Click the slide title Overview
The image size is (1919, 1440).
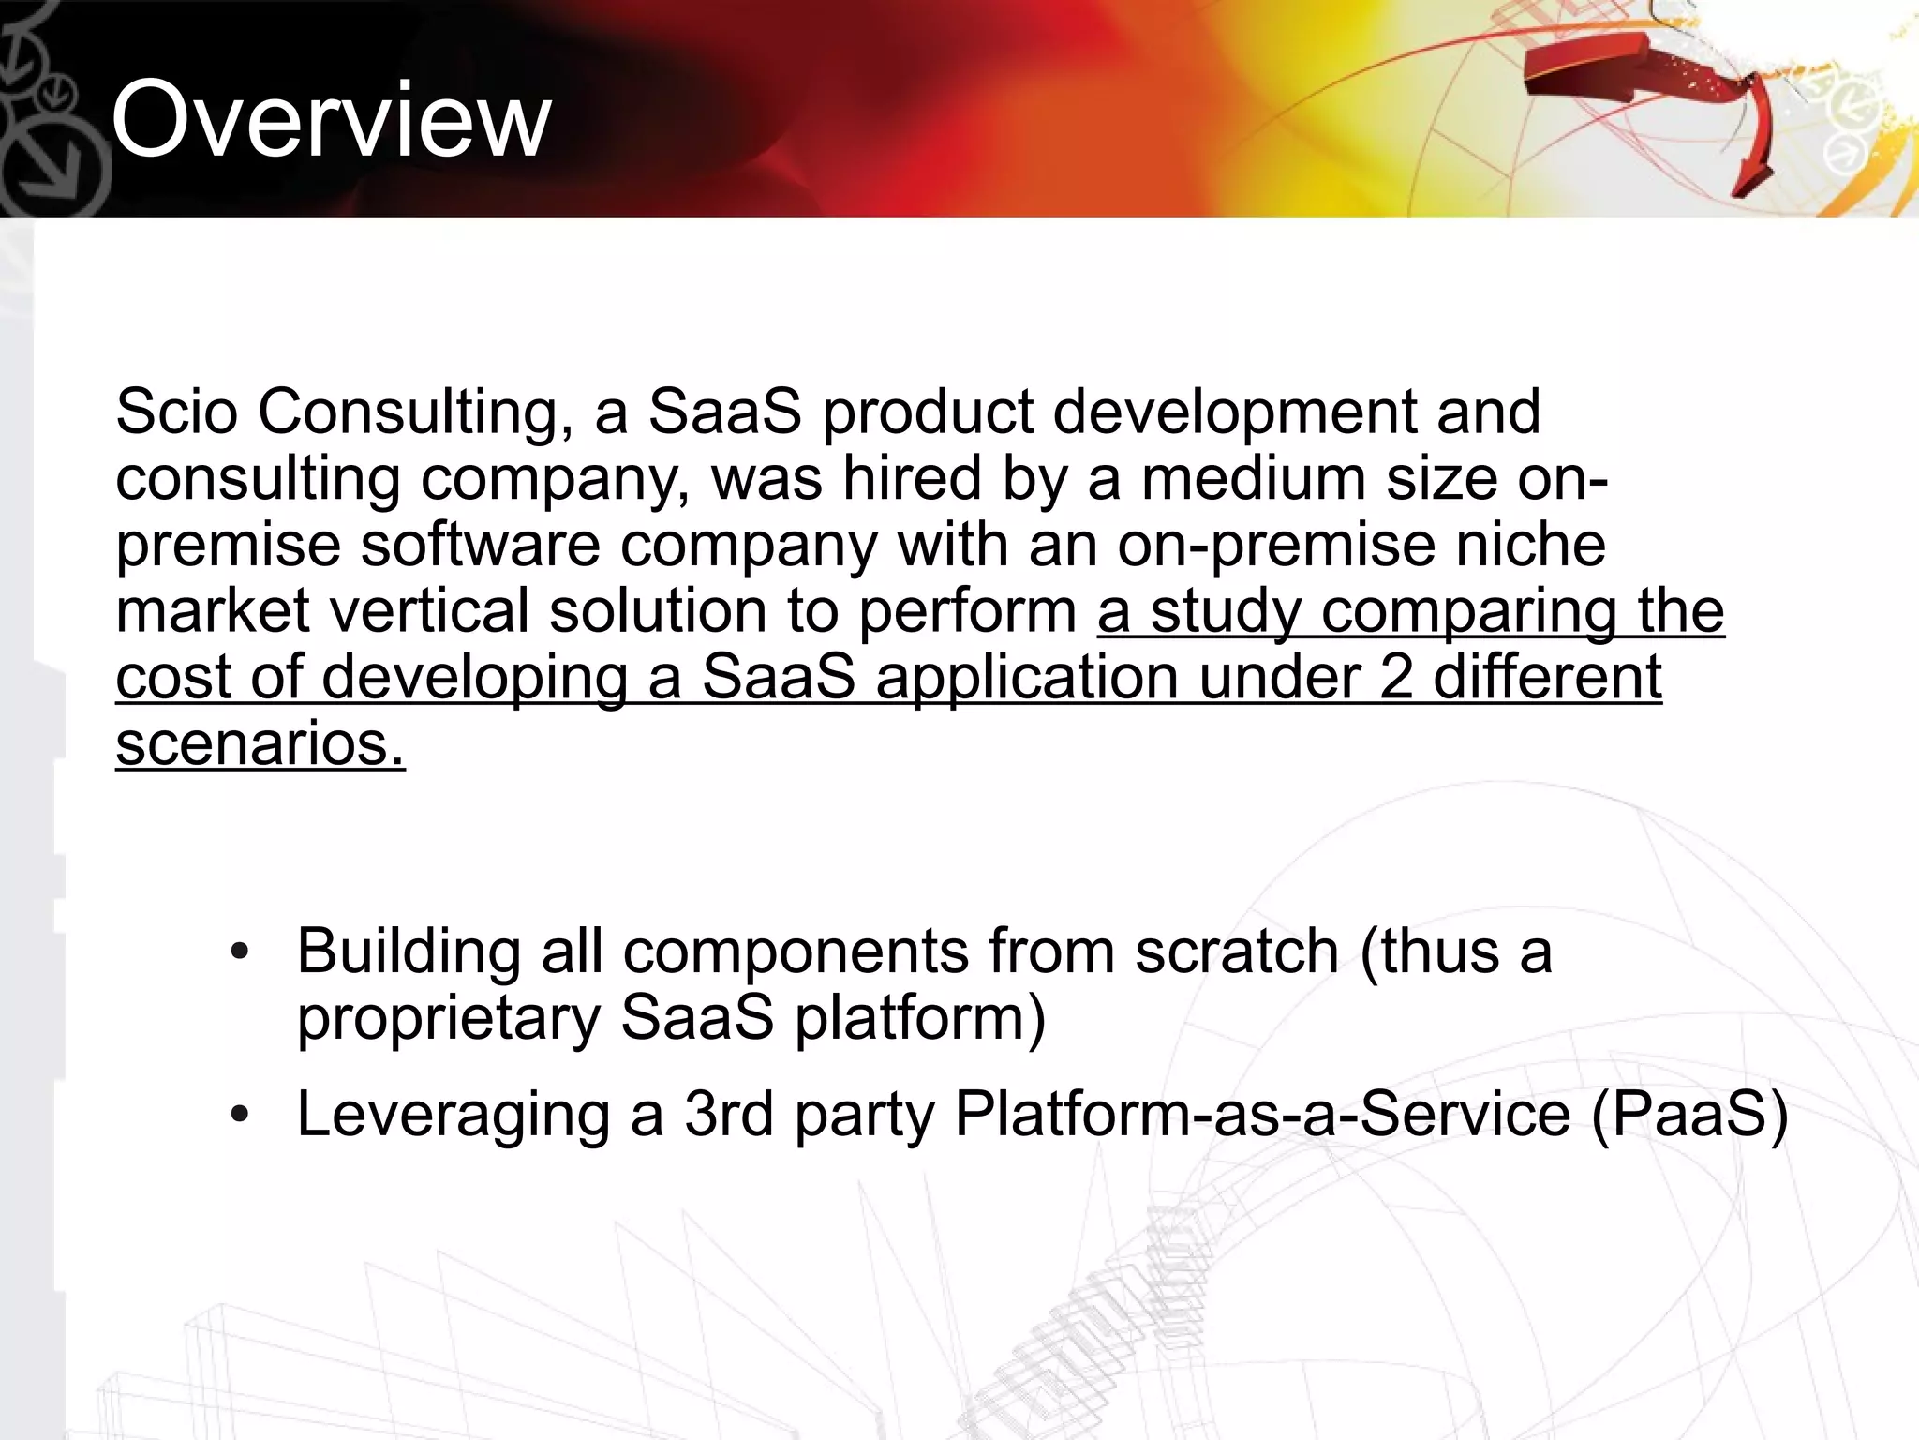(x=331, y=120)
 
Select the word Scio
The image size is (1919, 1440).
(x=176, y=412)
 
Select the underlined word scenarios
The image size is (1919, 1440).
(x=260, y=743)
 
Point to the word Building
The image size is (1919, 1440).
(x=409, y=952)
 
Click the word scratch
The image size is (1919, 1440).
(x=1237, y=952)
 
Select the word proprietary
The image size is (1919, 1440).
(x=448, y=1019)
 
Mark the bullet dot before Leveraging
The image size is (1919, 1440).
(x=240, y=1115)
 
